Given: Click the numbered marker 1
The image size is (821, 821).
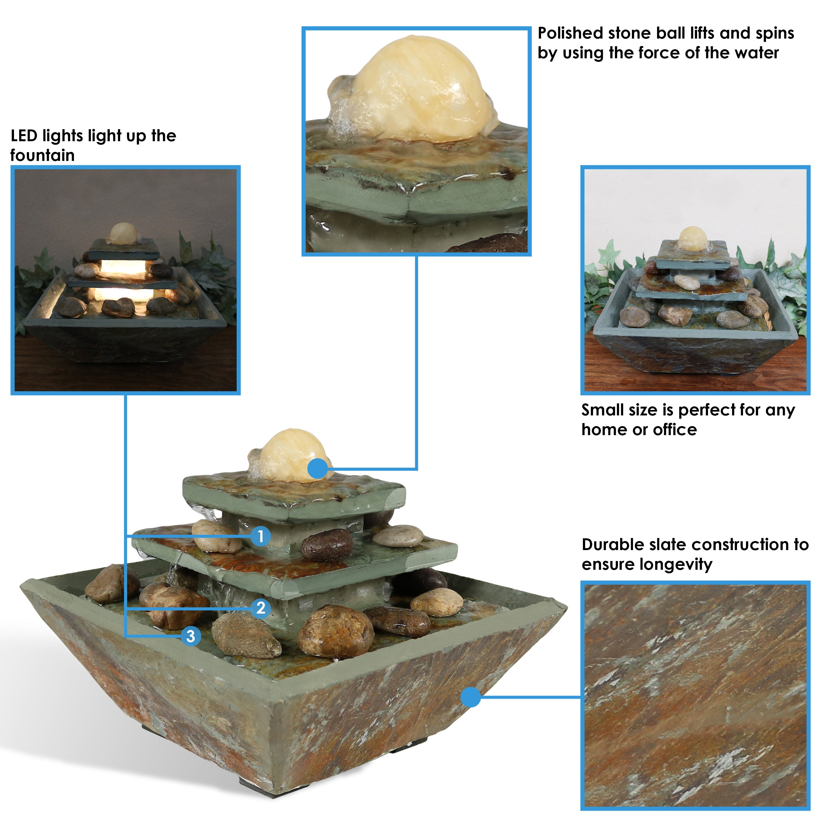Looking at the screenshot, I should pos(261,536).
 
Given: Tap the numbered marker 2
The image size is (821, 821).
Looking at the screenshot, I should pos(261,608).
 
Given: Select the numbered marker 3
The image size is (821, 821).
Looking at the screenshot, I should pos(191,636).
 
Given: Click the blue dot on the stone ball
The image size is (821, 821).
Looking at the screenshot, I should pos(317,469).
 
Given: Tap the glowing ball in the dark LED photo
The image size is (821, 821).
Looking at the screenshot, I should pos(123,233).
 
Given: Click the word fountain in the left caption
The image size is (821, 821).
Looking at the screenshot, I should pos(42,155).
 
